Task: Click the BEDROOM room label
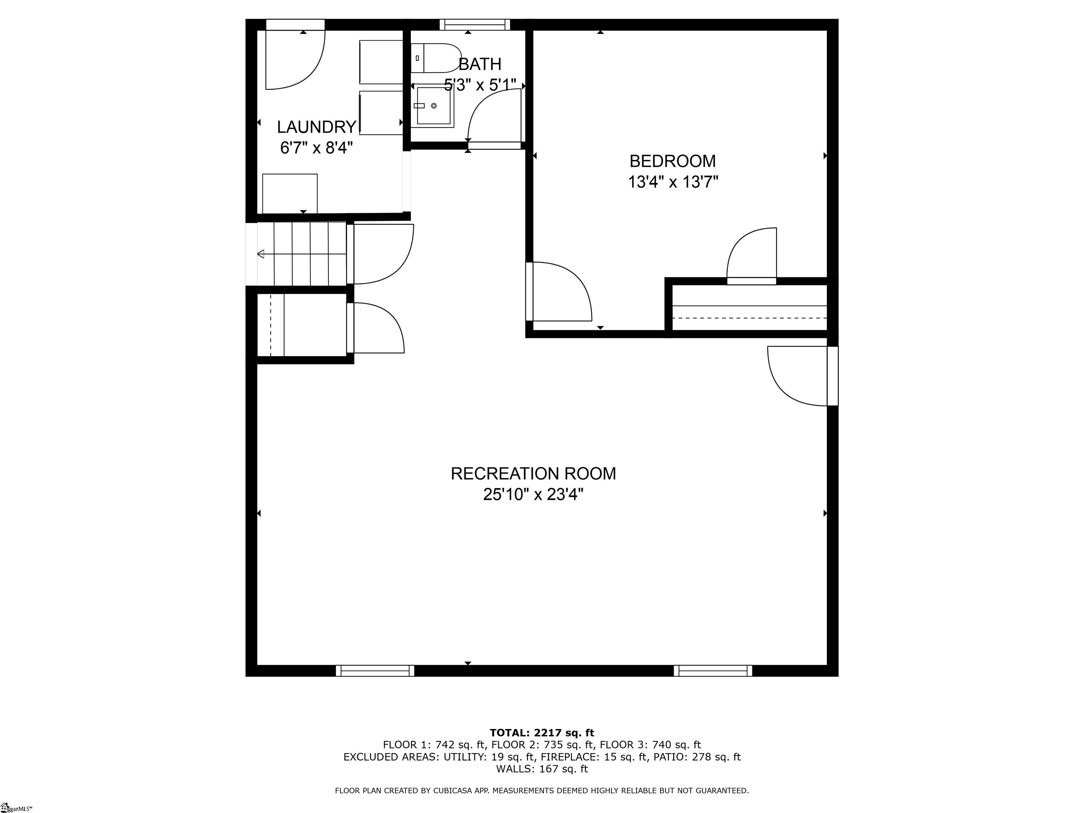672,161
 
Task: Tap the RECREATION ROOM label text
533,474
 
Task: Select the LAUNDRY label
316,127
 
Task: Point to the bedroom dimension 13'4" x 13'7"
673,182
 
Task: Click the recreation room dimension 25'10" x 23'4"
533,494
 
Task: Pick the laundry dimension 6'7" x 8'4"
317,147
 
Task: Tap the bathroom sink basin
434,106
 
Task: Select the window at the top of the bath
474,24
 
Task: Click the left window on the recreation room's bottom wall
375,670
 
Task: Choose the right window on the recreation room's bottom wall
712,670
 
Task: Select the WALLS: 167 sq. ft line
542,769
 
